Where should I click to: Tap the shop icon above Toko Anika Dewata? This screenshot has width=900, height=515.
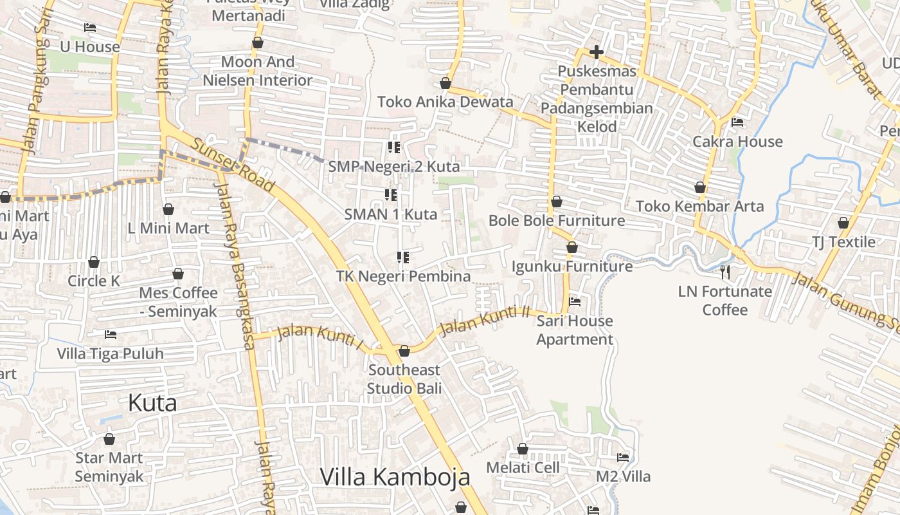445,83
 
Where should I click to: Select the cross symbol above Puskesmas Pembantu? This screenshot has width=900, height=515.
597,52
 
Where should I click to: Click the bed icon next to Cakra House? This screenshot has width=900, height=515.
737,122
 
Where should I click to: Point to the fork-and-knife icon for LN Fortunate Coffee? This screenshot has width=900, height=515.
725,272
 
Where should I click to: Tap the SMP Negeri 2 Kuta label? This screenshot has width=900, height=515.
394,167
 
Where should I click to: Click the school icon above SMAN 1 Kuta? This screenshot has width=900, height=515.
391,194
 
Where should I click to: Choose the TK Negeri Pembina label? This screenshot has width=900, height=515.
404,276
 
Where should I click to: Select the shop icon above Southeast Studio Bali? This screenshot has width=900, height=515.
404,351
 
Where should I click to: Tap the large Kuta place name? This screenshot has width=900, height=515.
152,403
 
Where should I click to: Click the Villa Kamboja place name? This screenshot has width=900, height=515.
395,477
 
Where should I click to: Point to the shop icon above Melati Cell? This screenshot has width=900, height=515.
523,449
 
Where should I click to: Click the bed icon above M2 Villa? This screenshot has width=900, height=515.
622,458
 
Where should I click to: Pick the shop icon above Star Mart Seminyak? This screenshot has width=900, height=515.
109,439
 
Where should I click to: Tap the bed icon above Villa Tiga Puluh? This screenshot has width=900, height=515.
111,335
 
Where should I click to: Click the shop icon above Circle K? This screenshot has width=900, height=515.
94,262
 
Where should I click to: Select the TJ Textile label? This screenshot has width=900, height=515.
843,242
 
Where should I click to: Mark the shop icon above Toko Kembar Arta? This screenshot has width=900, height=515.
700,187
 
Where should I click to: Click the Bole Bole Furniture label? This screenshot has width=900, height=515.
557,221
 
